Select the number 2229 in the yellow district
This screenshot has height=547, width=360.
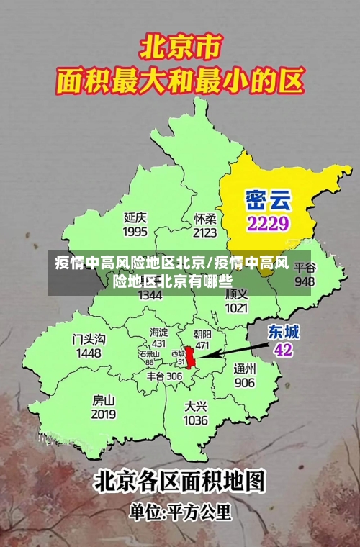point(268,222)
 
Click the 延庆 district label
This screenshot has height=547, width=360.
point(135,217)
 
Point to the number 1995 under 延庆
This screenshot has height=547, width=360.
point(135,232)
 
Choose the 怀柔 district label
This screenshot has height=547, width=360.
point(205,218)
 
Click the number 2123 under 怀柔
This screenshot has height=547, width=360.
point(205,232)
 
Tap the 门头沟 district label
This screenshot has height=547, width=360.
point(89,339)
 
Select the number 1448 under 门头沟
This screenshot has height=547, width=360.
point(89,353)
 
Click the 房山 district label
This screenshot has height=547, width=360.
point(104,399)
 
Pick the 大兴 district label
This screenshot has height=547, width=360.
point(196,406)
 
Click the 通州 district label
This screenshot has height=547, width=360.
point(245,368)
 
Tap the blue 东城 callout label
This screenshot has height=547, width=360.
point(284,332)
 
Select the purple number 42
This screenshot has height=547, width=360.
point(284,350)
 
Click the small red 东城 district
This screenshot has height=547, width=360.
point(191,357)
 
